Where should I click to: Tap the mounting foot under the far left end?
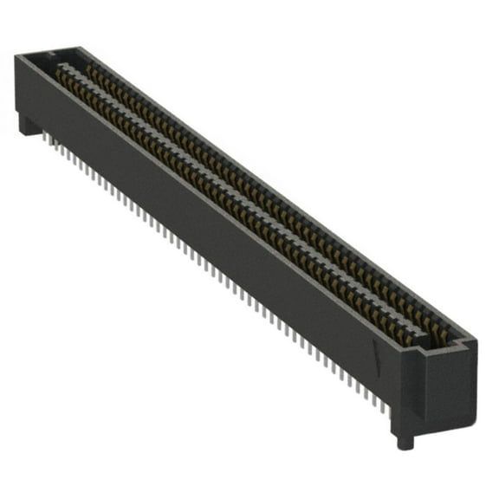pyautogui.click(x=29, y=126)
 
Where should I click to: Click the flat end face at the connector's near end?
pyautogui.click(x=445, y=381)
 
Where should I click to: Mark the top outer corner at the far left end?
pyautogui.click(x=16, y=57)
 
